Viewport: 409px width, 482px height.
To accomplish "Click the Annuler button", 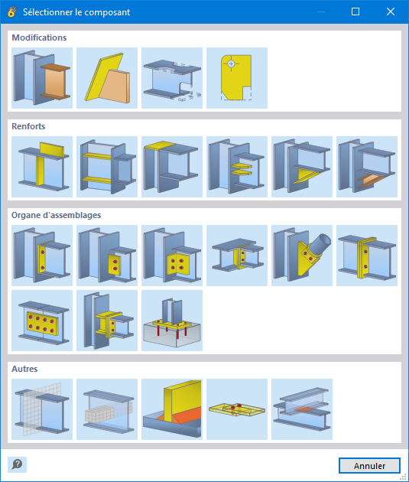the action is click(x=369, y=465).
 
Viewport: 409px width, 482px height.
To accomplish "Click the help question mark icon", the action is click(x=17, y=464).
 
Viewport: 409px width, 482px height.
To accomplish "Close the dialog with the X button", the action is click(x=390, y=11).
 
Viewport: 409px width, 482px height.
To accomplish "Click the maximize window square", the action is click(x=355, y=11).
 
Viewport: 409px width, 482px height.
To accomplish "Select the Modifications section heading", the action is click(x=39, y=37).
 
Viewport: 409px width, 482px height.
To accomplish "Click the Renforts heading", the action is click(x=28, y=126).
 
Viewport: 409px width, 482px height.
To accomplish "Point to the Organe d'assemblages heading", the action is click(x=57, y=215).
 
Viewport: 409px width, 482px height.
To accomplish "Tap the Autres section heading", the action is click(x=24, y=369).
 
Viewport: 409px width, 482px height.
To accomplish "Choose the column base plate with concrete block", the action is click(x=172, y=321).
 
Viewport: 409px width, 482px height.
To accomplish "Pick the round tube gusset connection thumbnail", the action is click(x=302, y=256).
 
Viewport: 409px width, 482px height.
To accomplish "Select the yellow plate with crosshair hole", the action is click(x=237, y=78).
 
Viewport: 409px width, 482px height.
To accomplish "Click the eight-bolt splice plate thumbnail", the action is click(x=42, y=321).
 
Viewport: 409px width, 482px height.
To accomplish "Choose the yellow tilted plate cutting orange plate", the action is click(x=107, y=78).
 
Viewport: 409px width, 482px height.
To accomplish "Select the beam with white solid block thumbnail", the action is click(x=107, y=409).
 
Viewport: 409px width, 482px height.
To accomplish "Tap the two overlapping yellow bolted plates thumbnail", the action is click(x=237, y=409).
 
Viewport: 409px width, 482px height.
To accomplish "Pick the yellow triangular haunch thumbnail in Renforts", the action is click(x=302, y=167).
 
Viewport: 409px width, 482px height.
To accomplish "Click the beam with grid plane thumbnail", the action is click(x=42, y=409).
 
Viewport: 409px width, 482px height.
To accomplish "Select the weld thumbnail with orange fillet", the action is click(x=172, y=409).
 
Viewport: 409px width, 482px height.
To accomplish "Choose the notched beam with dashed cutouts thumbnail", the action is click(x=172, y=78).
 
